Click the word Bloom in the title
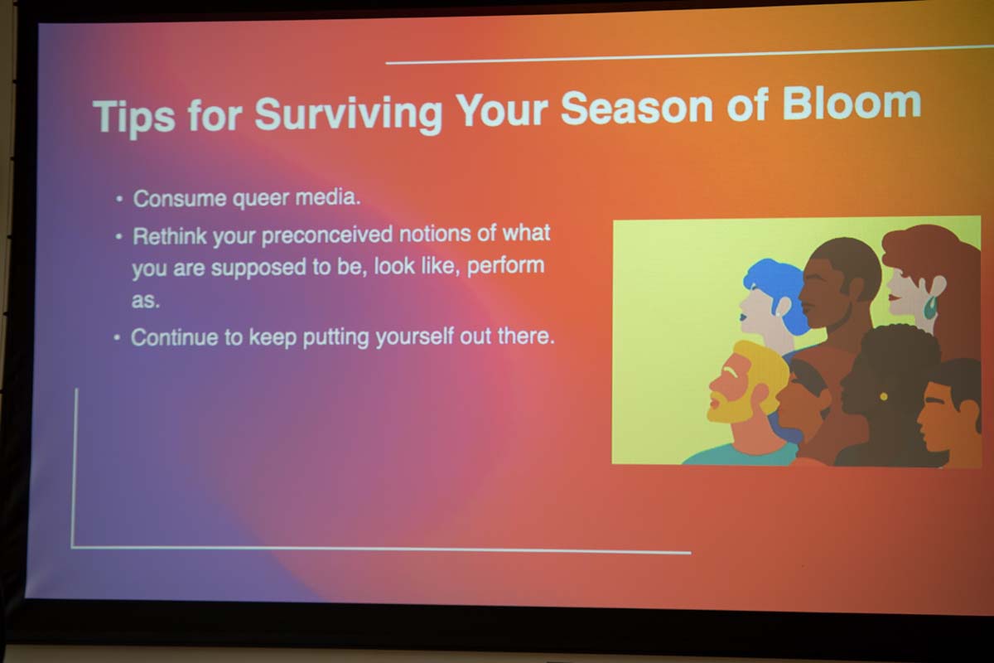(852, 104)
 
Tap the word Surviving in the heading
(349, 114)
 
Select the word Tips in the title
(134, 116)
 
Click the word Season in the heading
(636, 107)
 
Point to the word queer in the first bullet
(260, 198)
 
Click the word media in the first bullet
(328, 196)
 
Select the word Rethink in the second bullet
(170, 236)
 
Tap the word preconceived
(327, 235)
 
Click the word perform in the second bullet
(506, 265)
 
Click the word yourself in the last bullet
(414, 336)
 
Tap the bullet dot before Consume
(119, 200)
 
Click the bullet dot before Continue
(117, 338)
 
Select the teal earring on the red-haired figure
(931, 307)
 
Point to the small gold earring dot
(884, 396)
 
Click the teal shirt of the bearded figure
(741, 454)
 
